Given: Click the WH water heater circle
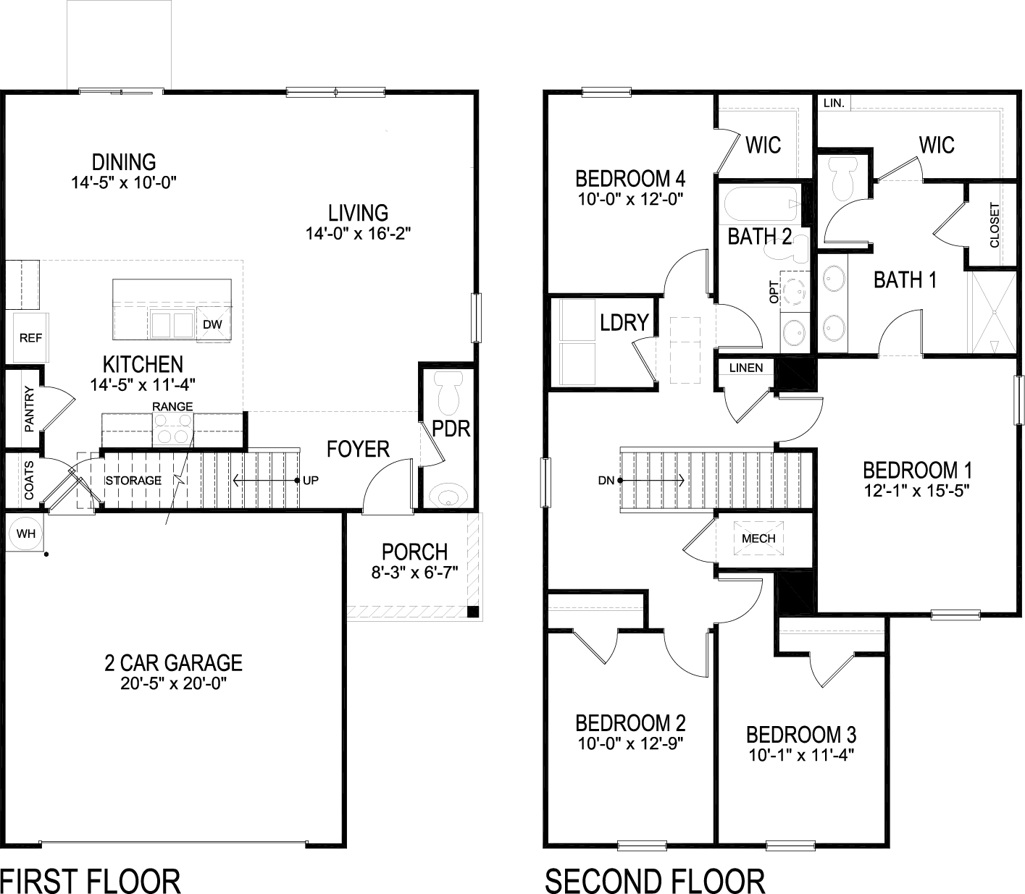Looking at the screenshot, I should coord(26,534).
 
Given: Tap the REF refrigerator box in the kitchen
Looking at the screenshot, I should coord(30,337).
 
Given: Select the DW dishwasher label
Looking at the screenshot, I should coord(212,324).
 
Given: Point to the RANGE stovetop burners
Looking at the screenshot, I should coord(172,429).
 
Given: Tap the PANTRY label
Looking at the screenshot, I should coord(29,410).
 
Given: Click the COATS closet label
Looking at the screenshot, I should coord(29,480).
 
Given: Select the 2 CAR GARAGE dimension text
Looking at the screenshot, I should coord(174,684).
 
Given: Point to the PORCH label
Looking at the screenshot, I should coord(414,552).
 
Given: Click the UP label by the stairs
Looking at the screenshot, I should coord(311,480).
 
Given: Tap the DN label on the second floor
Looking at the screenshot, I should coord(606,480).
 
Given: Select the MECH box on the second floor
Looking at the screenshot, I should coord(758,538).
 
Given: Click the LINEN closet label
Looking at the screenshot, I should coord(745,368).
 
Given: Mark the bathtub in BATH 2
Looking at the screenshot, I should coord(758,205).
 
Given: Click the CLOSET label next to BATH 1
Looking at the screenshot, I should coord(994,224).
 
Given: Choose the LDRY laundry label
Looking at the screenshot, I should coord(624,322).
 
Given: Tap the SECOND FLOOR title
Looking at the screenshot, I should coord(655,882).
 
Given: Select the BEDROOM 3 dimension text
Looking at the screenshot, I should coord(801,756).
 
